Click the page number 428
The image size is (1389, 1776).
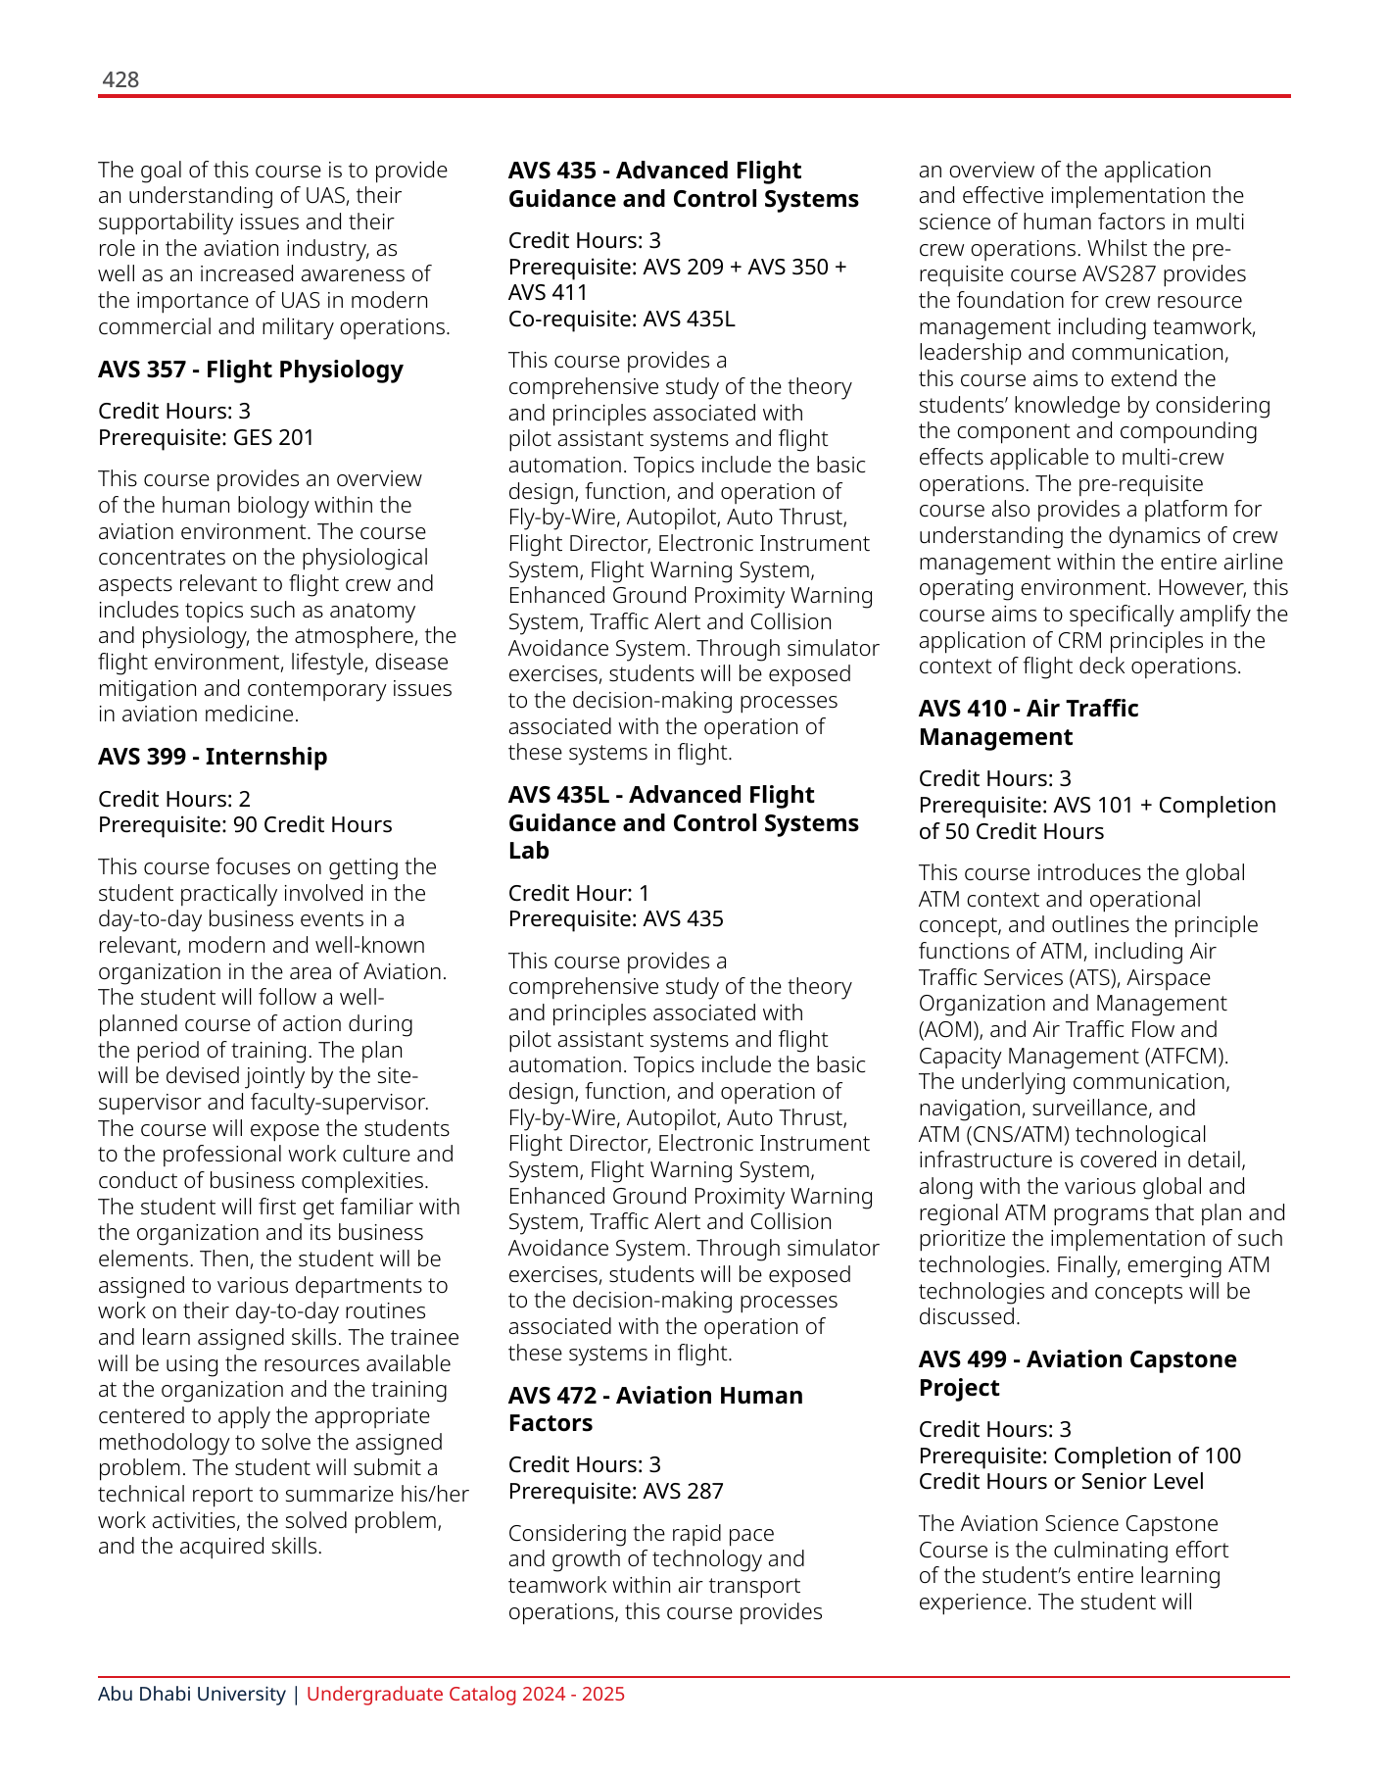[x=120, y=80]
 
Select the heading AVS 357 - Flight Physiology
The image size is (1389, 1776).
[x=250, y=370]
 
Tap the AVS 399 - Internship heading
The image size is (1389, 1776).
[x=213, y=757]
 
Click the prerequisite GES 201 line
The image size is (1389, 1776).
[x=206, y=437]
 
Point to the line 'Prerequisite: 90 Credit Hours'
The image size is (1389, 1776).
[x=245, y=825]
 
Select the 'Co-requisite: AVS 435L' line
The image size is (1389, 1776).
[x=621, y=319]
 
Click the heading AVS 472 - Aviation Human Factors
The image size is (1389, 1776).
[x=654, y=1409]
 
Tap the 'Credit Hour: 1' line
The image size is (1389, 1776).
[x=578, y=893]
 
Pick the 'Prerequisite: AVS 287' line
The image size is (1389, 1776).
[x=615, y=1492]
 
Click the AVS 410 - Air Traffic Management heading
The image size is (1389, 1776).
[x=1028, y=722]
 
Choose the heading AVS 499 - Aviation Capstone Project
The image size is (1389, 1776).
[x=1077, y=1373]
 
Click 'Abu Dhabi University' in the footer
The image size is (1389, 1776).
[x=191, y=1695]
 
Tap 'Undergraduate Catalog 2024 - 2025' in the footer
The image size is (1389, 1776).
[x=465, y=1695]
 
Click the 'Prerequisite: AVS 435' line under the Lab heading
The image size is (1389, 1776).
[x=615, y=919]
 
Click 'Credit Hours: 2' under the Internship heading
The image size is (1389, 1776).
[x=174, y=799]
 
